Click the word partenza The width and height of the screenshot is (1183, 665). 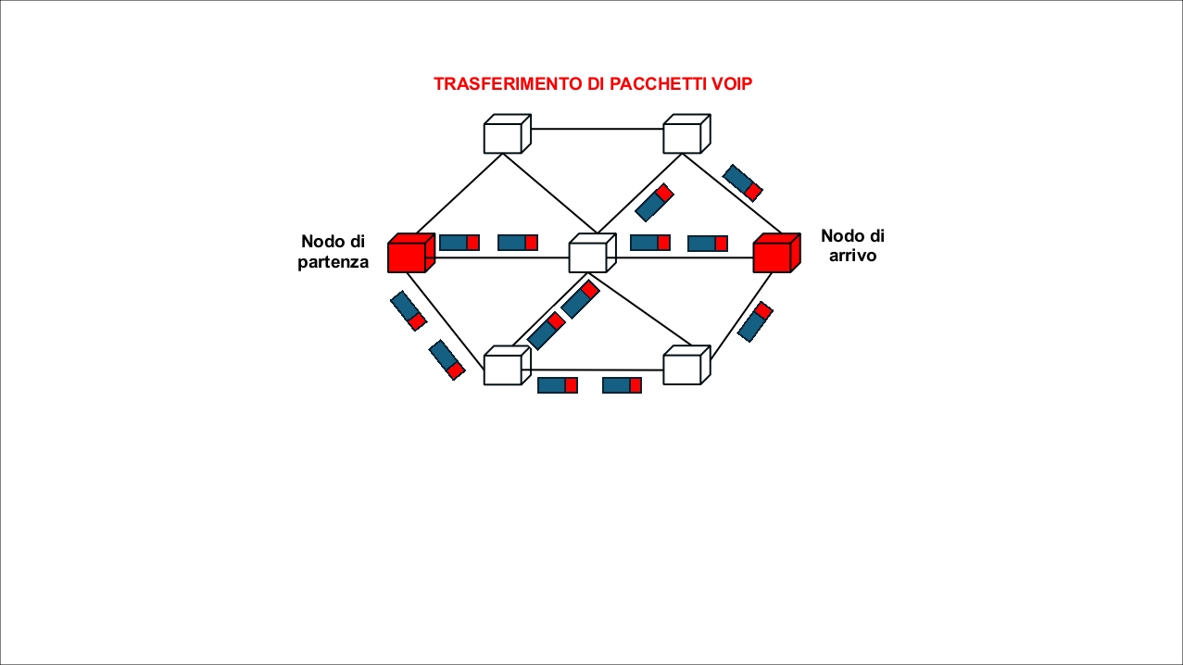tap(334, 262)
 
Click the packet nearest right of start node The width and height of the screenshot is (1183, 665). tap(459, 243)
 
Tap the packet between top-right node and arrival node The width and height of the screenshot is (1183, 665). tap(742, 182)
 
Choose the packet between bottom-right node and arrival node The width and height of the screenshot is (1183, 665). tap(755, 321)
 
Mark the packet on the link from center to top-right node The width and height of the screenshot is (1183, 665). tap(654, 202)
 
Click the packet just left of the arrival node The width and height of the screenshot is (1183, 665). tap(708, 244)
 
